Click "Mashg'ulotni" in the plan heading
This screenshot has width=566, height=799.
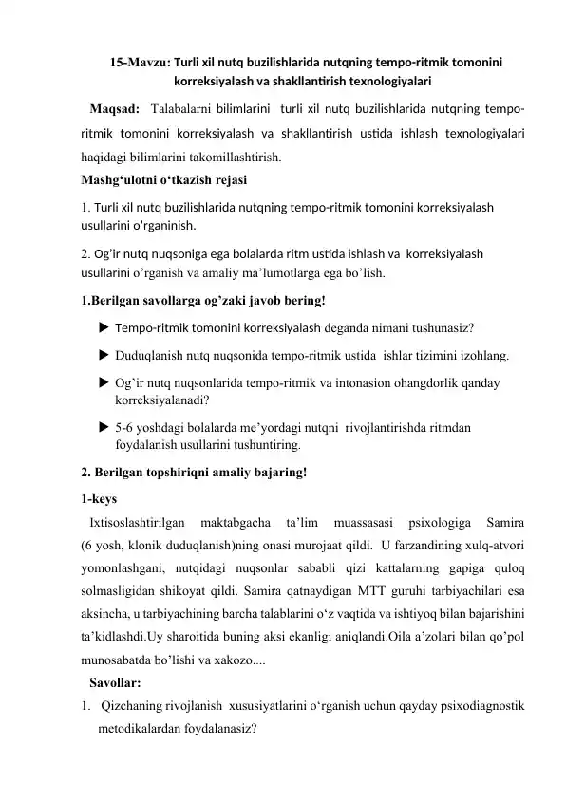pyautogui.click(x=122, y=178)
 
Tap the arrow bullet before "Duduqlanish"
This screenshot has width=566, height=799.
pyautogui.click(x=103, y=356)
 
